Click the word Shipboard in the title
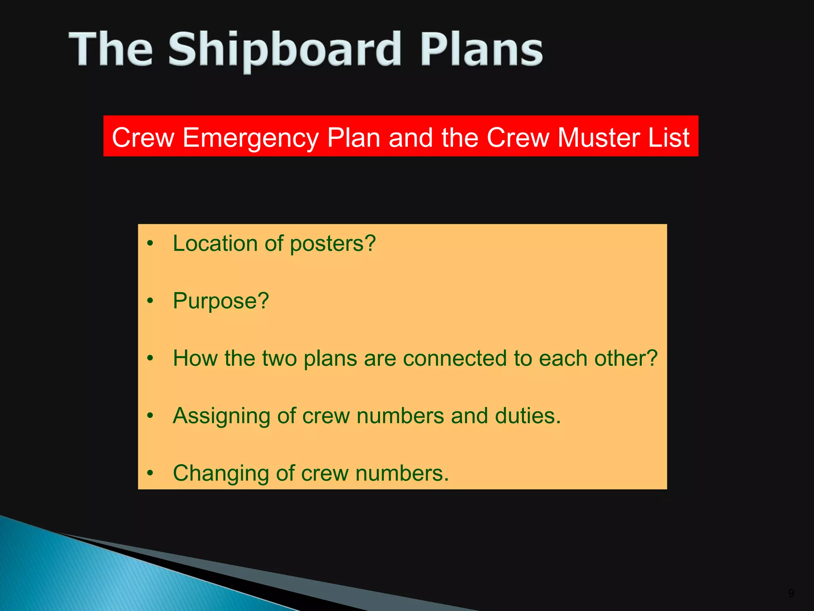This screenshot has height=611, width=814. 284,50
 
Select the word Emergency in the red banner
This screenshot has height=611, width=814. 250,138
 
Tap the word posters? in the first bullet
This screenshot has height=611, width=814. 333,244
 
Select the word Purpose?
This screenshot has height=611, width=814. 221,301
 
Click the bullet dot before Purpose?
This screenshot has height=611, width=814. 150,301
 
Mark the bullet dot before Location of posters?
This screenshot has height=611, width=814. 150,243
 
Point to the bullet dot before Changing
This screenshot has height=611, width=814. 150,473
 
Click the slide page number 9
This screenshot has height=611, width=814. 791,593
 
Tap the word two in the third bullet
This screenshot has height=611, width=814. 279,358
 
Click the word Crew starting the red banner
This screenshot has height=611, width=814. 143,137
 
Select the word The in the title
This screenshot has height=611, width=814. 111,50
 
